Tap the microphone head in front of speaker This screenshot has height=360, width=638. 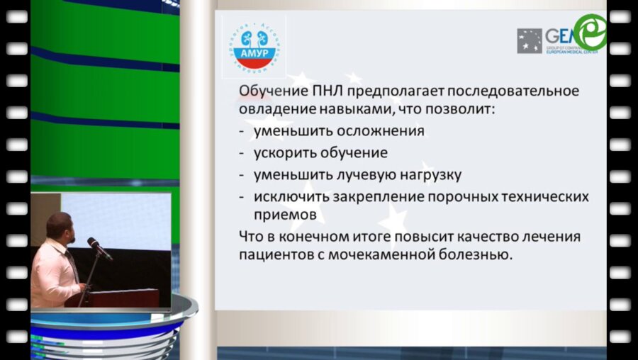tap(93, 243)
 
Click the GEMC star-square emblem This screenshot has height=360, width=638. tap(530, 41)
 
